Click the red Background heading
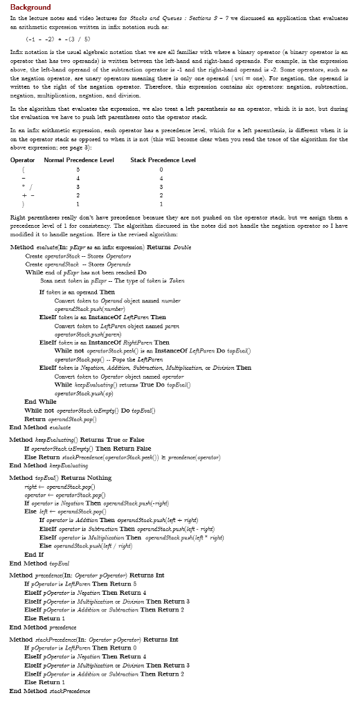coord(30,7)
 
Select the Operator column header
coord(23,160)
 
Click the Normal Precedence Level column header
coord(78,160)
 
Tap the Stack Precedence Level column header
coord(163,160)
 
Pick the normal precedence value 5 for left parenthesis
coord(78,169)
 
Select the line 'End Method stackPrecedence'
coord(49,690)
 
